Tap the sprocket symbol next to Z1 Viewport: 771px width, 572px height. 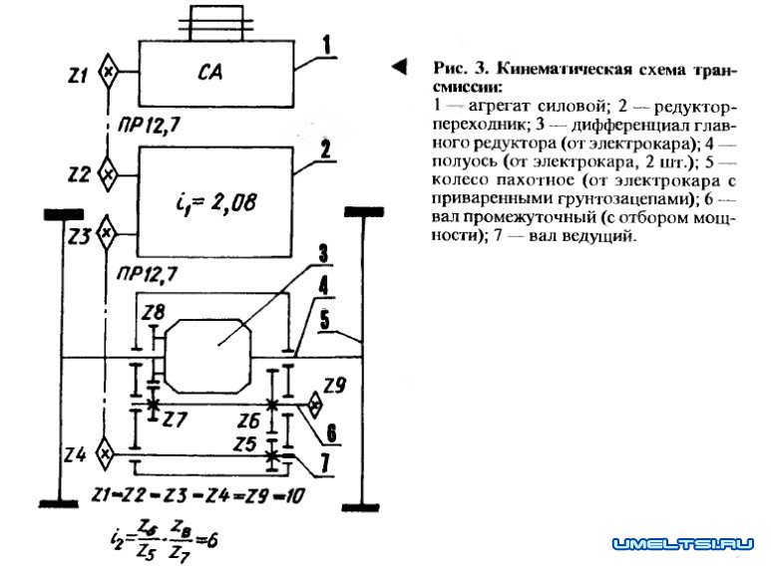[x=110, y=73]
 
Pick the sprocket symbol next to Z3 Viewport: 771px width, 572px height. [x=110, y=235]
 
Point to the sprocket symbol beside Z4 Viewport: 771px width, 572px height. [x=104, y=453]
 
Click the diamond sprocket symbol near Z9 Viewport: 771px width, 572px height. [x=316, y=405]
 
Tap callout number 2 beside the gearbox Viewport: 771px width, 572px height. [x=326, y=150]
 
